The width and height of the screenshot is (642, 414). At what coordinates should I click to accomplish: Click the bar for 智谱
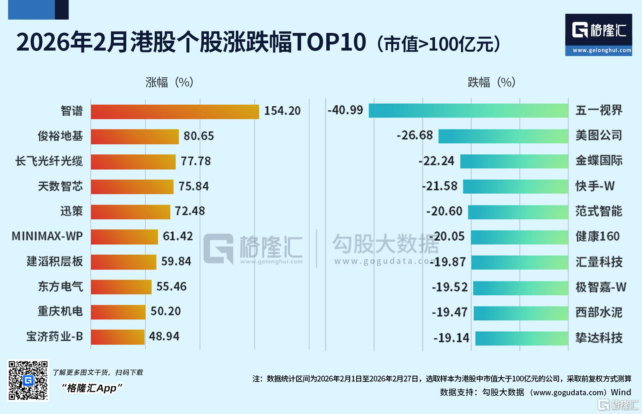coord(175,111)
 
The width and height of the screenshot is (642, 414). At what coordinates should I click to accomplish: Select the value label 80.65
coord(199,136)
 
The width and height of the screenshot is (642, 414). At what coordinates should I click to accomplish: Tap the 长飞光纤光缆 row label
coord(49,161)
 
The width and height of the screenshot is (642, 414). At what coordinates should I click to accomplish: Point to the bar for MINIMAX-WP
coord(124,237)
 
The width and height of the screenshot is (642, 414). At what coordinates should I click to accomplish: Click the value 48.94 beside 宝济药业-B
coord(164,336)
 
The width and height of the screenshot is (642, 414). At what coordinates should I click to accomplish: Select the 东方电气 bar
coord(121,287)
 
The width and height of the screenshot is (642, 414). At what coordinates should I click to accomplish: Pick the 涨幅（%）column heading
coord(169,82)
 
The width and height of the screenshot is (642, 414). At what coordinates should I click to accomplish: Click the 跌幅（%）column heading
coord(492,82)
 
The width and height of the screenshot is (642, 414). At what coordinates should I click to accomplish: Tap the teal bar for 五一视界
coord(468,110)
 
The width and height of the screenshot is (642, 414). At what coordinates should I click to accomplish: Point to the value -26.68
coord(415,135)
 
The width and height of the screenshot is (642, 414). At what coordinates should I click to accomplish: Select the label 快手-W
coord(595,186)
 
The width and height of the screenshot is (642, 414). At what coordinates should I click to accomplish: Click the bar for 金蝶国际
coord(514,161)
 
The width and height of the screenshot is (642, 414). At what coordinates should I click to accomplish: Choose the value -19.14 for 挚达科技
coord(451,338)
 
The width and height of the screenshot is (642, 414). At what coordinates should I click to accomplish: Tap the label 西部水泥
coord(599,313)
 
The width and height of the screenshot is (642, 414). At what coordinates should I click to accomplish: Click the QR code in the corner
coord(28,380)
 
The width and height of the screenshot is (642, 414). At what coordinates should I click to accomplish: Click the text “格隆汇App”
coord(92,388)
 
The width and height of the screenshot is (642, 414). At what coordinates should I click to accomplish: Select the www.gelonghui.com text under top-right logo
coord(602,50)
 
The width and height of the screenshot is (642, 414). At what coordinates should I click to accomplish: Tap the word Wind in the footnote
coord(621,392)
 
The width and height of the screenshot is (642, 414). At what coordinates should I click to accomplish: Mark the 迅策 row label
coord(72,211)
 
